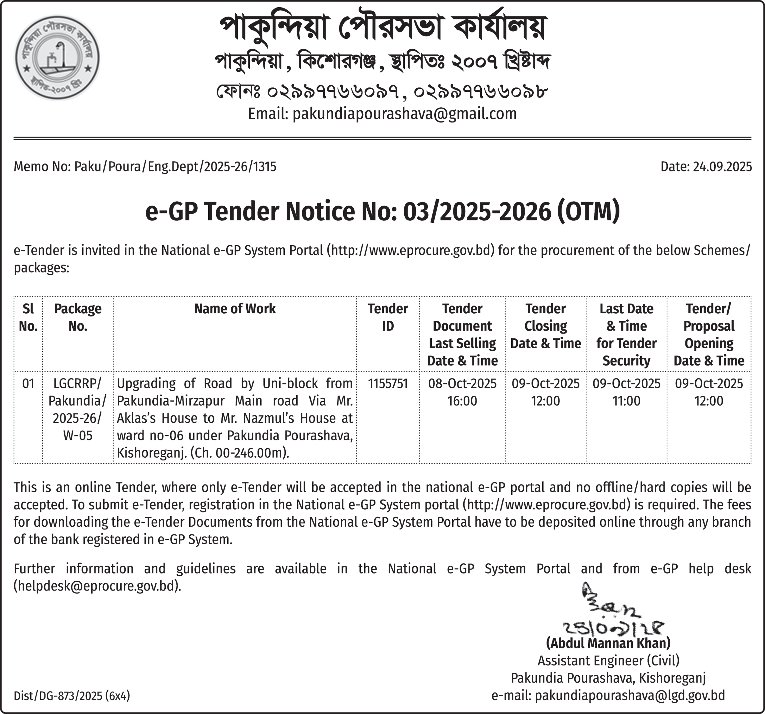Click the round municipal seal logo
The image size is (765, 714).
click(x=57, y=58)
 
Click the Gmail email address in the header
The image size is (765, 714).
click(x=404, y=114)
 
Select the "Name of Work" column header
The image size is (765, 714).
click(x=235, y=309)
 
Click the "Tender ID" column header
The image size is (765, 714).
click(x=387, y=317)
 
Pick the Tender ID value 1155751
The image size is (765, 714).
click(x=387, y=384)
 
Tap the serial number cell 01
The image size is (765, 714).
click(x=28, y=384)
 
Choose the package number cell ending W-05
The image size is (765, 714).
click(x=78, y=409)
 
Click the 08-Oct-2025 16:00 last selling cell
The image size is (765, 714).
click(x=462, y=392)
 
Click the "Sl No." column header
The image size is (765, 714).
click(x=28, y=317)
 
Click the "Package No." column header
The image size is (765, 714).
click(x=78, y=317)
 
